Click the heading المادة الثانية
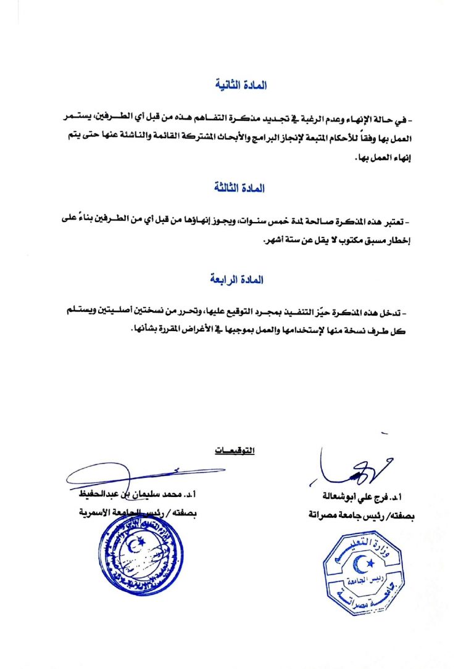(x=241, y=85)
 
